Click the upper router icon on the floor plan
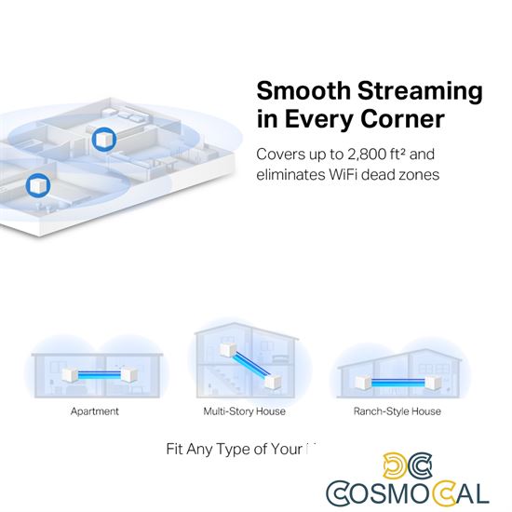103,138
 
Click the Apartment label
95,411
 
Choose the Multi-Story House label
244,411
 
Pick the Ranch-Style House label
397,411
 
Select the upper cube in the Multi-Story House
226,352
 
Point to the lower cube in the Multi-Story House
273,382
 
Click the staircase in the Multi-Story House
217,382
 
